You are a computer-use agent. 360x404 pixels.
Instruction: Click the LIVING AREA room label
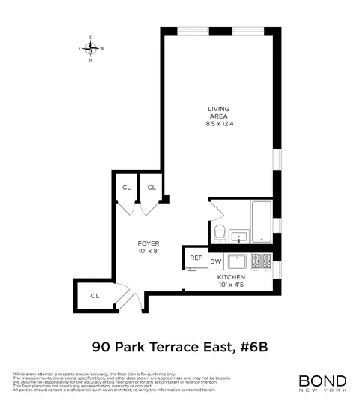220,113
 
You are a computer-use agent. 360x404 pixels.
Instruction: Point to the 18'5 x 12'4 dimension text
220,124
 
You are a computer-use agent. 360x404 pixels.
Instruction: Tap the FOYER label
147,243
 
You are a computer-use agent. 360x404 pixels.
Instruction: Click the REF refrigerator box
196,258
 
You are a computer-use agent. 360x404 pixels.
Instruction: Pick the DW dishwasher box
215,261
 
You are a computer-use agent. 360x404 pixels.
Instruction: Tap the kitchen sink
238,261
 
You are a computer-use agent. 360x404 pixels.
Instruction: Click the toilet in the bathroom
220,231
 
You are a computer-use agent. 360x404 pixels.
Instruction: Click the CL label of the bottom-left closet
95,296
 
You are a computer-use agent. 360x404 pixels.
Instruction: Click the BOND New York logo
322,382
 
